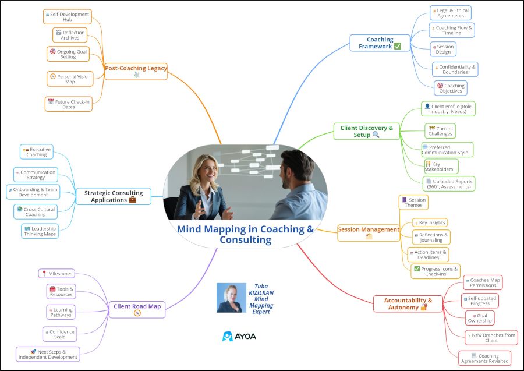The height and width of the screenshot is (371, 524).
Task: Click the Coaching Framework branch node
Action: [380, 43]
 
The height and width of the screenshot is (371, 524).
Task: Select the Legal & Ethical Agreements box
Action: [450, 13]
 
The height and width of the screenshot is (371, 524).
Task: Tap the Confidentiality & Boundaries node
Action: [455, 70]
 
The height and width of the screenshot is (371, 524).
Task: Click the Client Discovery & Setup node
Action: [366, 131]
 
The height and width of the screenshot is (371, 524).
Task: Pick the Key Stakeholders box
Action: [440, 167]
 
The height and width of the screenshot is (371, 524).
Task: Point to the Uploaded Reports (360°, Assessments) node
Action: [448, 184]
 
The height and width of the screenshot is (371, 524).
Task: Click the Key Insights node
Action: [430, 222]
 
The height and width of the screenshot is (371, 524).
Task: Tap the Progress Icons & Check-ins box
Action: [436, 271]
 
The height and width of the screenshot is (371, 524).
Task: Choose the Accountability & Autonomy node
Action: [408, 303]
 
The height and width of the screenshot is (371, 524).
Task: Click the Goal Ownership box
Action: [480, 317]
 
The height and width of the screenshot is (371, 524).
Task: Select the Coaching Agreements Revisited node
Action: [484, 358]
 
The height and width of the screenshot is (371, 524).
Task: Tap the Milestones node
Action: [56, 274]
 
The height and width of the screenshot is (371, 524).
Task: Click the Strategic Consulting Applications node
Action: [114, 196]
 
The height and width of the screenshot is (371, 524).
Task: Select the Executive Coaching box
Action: [37, 152]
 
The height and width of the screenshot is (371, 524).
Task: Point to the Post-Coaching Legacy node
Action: [136, 71]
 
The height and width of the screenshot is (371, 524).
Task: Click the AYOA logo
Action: [239, 336]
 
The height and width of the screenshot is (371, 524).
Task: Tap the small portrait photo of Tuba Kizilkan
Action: [231, 298]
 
